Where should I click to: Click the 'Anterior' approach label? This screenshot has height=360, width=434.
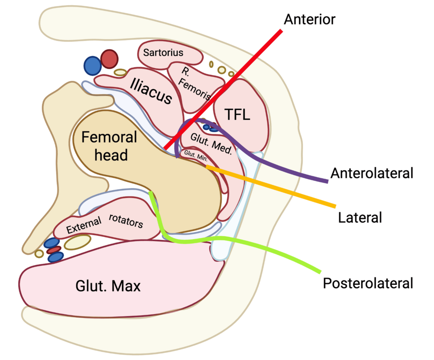tap(309, 20)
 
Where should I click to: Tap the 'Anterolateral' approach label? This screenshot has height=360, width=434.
tap(372, 173)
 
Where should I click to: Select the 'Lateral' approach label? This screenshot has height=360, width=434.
tap(360, 217)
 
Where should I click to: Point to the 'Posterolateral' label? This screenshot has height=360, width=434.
tap(368, 283)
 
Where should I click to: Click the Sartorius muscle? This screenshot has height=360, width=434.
tap(163, 53)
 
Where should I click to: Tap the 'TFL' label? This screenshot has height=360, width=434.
tap(237, 115)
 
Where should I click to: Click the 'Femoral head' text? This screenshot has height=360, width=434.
tap(110, 146)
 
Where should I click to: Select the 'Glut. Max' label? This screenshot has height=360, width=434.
tap(108, 287)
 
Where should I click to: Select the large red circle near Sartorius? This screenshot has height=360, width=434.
tap(109, 58)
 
